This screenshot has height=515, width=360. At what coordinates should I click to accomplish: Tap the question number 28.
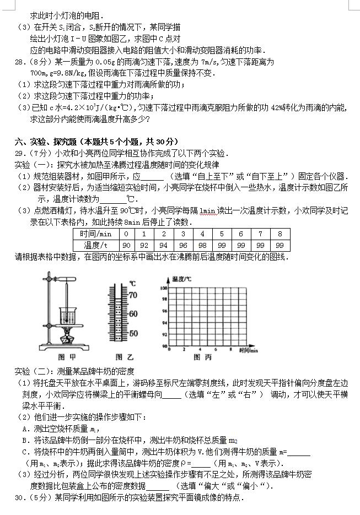19,62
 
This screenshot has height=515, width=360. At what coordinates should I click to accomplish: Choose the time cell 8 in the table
280,234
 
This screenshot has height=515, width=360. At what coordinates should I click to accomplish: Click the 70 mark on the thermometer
132,295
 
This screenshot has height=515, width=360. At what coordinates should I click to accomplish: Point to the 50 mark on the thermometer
132,334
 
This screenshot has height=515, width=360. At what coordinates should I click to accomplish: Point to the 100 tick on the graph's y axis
163,288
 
